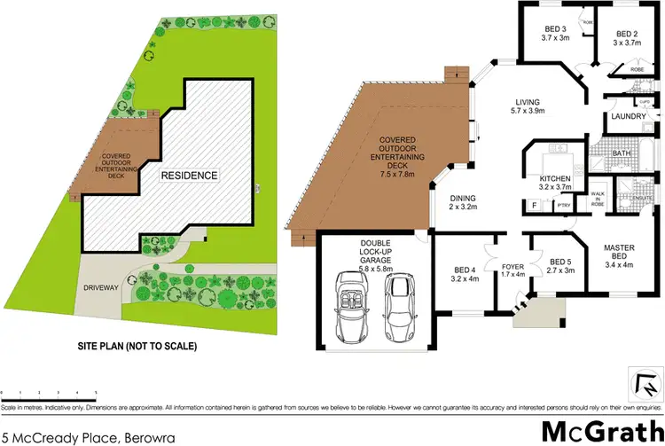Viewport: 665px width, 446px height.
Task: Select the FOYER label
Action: coord(514,267)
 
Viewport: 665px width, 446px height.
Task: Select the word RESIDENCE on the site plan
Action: coord(189,176)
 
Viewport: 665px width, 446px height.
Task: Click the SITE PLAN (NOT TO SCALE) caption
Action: coord(137,346)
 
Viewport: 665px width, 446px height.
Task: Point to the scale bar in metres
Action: coord(49,389)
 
